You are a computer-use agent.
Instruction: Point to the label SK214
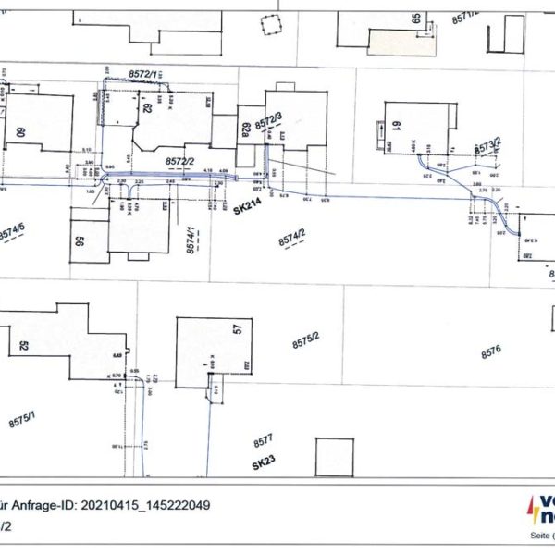pyautogui.click(x=247, y=210)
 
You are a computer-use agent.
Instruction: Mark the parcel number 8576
pyautogui.click(x=490, y=351)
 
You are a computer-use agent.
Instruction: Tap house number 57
pyautogui.click(x=238, y=328)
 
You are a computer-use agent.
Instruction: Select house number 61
pyautogui.click(x=395, y=128)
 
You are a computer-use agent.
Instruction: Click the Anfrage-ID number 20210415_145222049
pyautogui.click(x=146, y=506)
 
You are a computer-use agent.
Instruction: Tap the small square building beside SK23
pyautogui.click(x=334, y=457)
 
